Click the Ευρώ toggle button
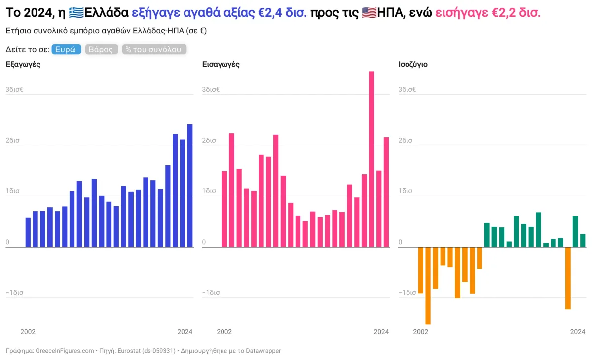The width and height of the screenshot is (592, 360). point(66,49)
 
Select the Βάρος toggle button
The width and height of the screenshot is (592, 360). point(101,49)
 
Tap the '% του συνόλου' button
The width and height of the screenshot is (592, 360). point(154,49)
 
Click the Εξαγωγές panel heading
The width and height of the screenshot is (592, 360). point(23,64)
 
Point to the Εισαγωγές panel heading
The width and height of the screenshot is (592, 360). point(221,64)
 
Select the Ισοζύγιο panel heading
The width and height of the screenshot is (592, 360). point(413,64)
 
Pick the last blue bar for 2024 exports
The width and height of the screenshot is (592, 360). point(190,185)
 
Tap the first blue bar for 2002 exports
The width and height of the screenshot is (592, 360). point(28,232)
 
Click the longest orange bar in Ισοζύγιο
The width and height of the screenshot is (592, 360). point(428,286)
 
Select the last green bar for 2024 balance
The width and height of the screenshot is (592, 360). point(583,240)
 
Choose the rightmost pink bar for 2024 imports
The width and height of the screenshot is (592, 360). point(386,192)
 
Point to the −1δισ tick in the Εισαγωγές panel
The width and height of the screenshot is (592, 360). point(211,292)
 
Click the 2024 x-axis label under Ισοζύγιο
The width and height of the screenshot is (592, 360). point(578,332)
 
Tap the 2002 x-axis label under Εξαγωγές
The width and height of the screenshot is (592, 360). point(28,332)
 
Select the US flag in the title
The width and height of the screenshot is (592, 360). point(369,12)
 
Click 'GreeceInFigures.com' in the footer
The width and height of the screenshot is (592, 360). point(65,351)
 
